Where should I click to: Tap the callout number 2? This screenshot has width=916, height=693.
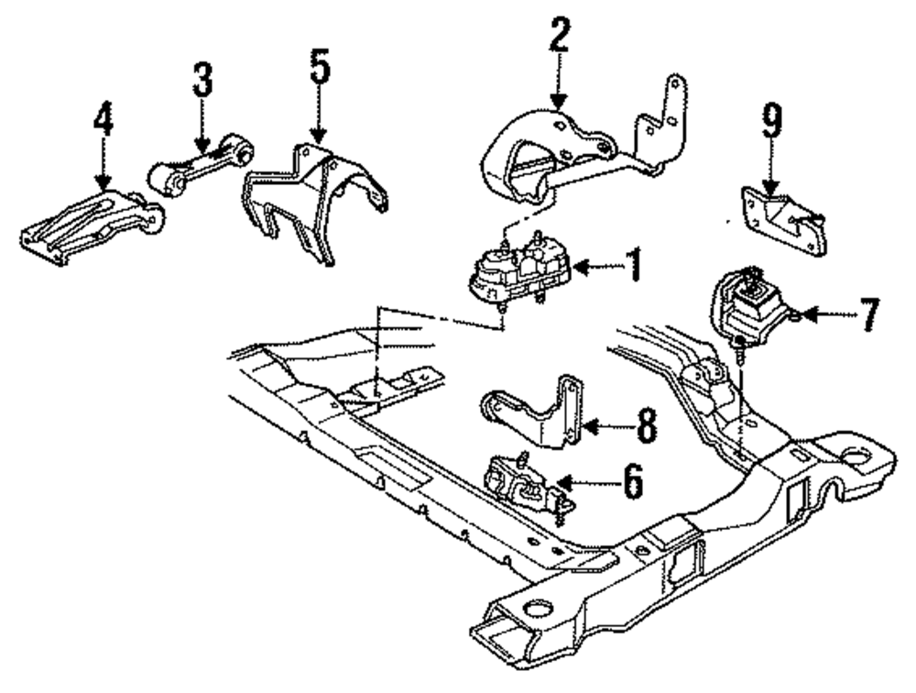[x=560, y=38]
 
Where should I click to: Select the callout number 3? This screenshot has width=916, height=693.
[x=202, y=83]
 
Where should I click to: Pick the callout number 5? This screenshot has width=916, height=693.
[x=318, y=70]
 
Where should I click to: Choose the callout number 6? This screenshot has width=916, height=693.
[x=632, y=480]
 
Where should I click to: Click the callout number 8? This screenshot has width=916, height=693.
[x=647, y=426]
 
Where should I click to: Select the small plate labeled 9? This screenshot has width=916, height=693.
[x=786, y=220]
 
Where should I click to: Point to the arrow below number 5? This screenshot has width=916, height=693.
[x=318, y=119]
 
